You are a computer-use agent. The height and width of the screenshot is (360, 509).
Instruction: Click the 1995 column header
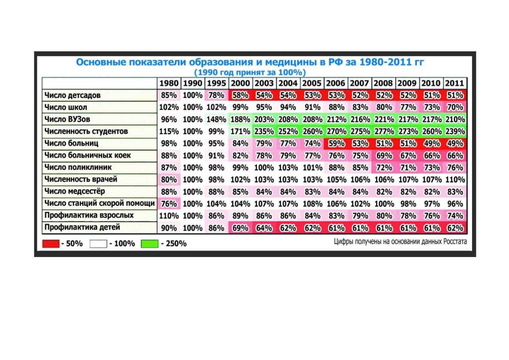tap(216, 83)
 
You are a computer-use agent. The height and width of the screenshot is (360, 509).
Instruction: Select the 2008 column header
tap(383, 83)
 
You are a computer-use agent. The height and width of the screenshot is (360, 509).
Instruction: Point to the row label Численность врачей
tap(81, 179)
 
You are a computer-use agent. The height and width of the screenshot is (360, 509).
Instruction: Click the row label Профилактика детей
tap(82, 227)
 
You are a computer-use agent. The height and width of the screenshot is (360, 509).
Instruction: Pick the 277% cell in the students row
tap(384, 131)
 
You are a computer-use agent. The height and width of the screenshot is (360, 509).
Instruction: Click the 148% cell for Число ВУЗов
tap(216, 119)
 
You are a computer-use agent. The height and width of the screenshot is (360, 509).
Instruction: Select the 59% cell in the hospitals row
tap(336, 143)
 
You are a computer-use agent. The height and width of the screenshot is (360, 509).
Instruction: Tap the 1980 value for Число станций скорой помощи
tap(169, 203)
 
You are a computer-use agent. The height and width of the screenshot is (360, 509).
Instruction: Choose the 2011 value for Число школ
tap(455, 107)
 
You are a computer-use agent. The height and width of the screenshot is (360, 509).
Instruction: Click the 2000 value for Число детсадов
tap(240, 95)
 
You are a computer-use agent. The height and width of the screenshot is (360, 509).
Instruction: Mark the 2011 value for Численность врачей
tap(455, 179)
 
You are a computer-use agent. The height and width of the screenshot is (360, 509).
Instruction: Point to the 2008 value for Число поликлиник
tap(384, 167)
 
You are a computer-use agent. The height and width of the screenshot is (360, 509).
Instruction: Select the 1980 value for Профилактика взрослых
tap(169, 216)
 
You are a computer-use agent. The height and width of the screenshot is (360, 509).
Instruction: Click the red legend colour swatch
tap(51, 244)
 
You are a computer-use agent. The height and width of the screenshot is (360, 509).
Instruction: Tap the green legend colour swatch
tap(149, 244)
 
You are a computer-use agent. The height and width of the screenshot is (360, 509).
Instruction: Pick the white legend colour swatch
tap(98, 244)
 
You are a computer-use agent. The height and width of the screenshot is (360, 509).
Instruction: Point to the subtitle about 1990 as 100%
tap(250, 72)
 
